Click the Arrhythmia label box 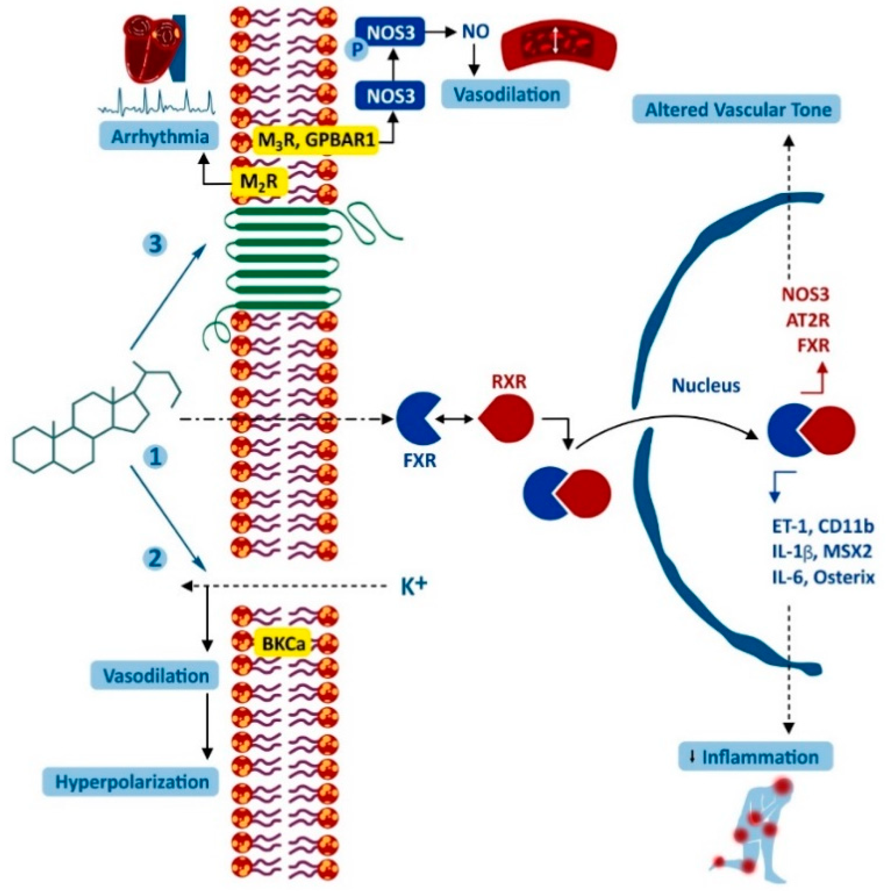point(159,137)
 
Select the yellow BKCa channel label point(283,643)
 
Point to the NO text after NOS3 point(476,33)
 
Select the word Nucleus point(706,385)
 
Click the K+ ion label point(414,587)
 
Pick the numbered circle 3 point(156,243)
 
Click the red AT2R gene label point(808,320)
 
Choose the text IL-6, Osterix point(823,578)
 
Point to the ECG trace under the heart point(157,102)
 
